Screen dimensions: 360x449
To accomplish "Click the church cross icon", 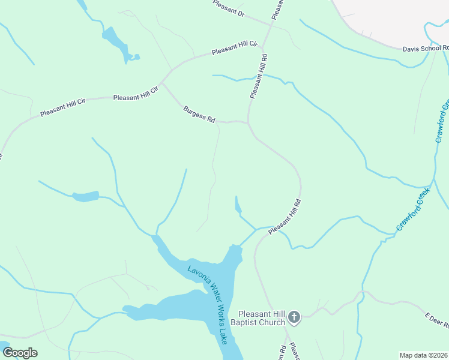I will (294, 316).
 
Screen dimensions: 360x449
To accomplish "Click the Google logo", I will (20, 353).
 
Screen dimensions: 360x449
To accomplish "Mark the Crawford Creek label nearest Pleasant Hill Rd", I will (413, 210).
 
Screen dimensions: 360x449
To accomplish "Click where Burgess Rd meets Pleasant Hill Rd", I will (249, 122).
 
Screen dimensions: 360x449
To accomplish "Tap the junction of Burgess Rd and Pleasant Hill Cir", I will (162, 83).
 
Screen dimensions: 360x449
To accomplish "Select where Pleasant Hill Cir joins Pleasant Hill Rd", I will (264, 44).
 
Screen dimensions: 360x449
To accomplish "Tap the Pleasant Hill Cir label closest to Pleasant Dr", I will (235, 49).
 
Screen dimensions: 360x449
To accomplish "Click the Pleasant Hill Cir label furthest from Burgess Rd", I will (62, 108).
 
